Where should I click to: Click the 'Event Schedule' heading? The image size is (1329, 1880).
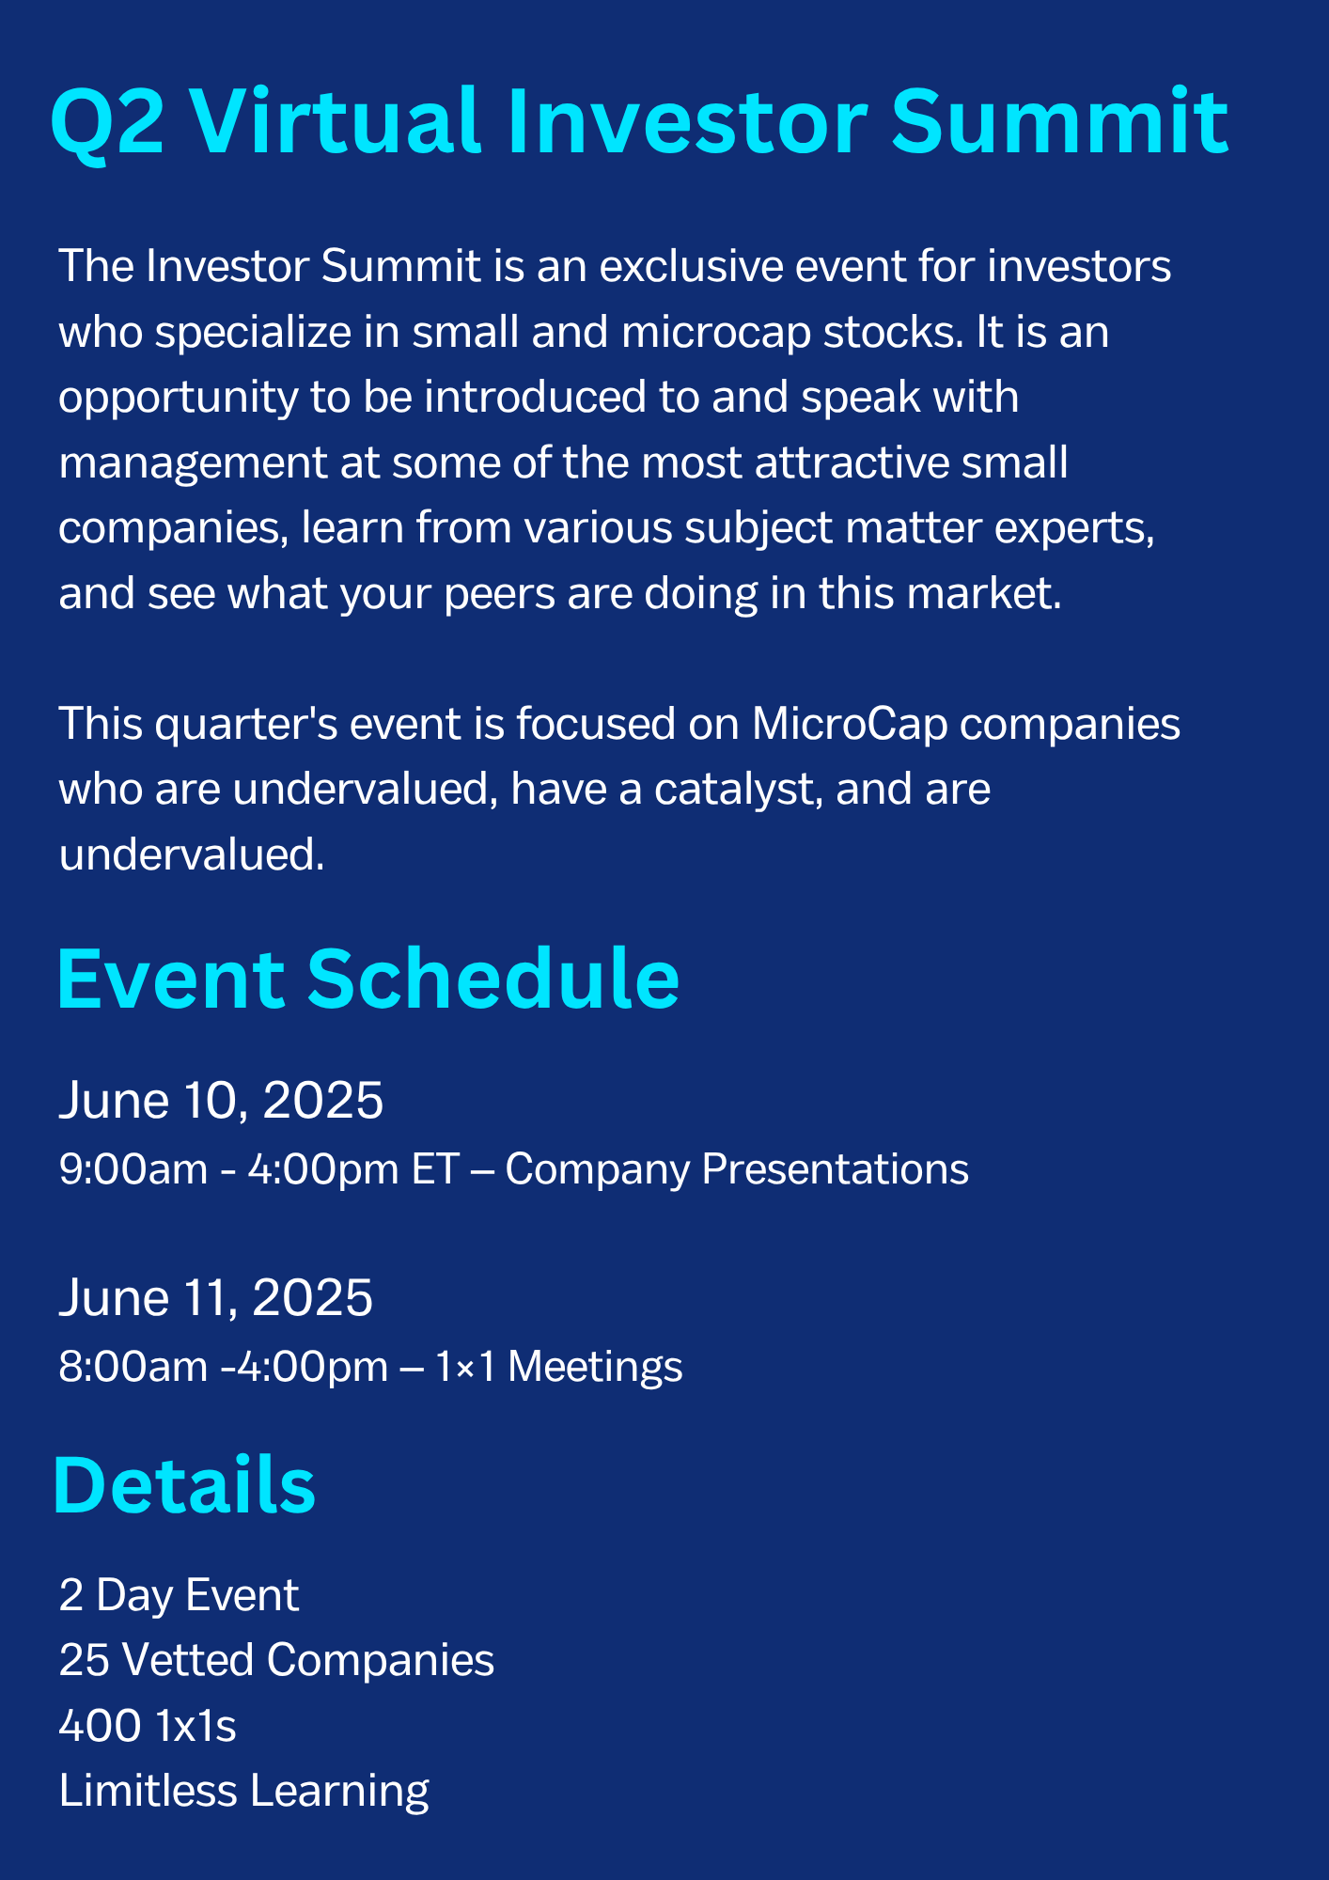(367, 979)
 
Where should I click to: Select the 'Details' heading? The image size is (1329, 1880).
(184, 1485)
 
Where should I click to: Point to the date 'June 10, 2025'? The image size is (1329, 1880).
(221, 1100)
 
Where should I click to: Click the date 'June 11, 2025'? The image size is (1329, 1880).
(215, 1298)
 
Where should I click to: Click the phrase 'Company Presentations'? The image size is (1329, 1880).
(737, 1170)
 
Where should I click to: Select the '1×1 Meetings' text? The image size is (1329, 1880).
(558, 1366)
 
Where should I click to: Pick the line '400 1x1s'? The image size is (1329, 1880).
(148, 1726)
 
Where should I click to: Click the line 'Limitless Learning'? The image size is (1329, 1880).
(243, 1792)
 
